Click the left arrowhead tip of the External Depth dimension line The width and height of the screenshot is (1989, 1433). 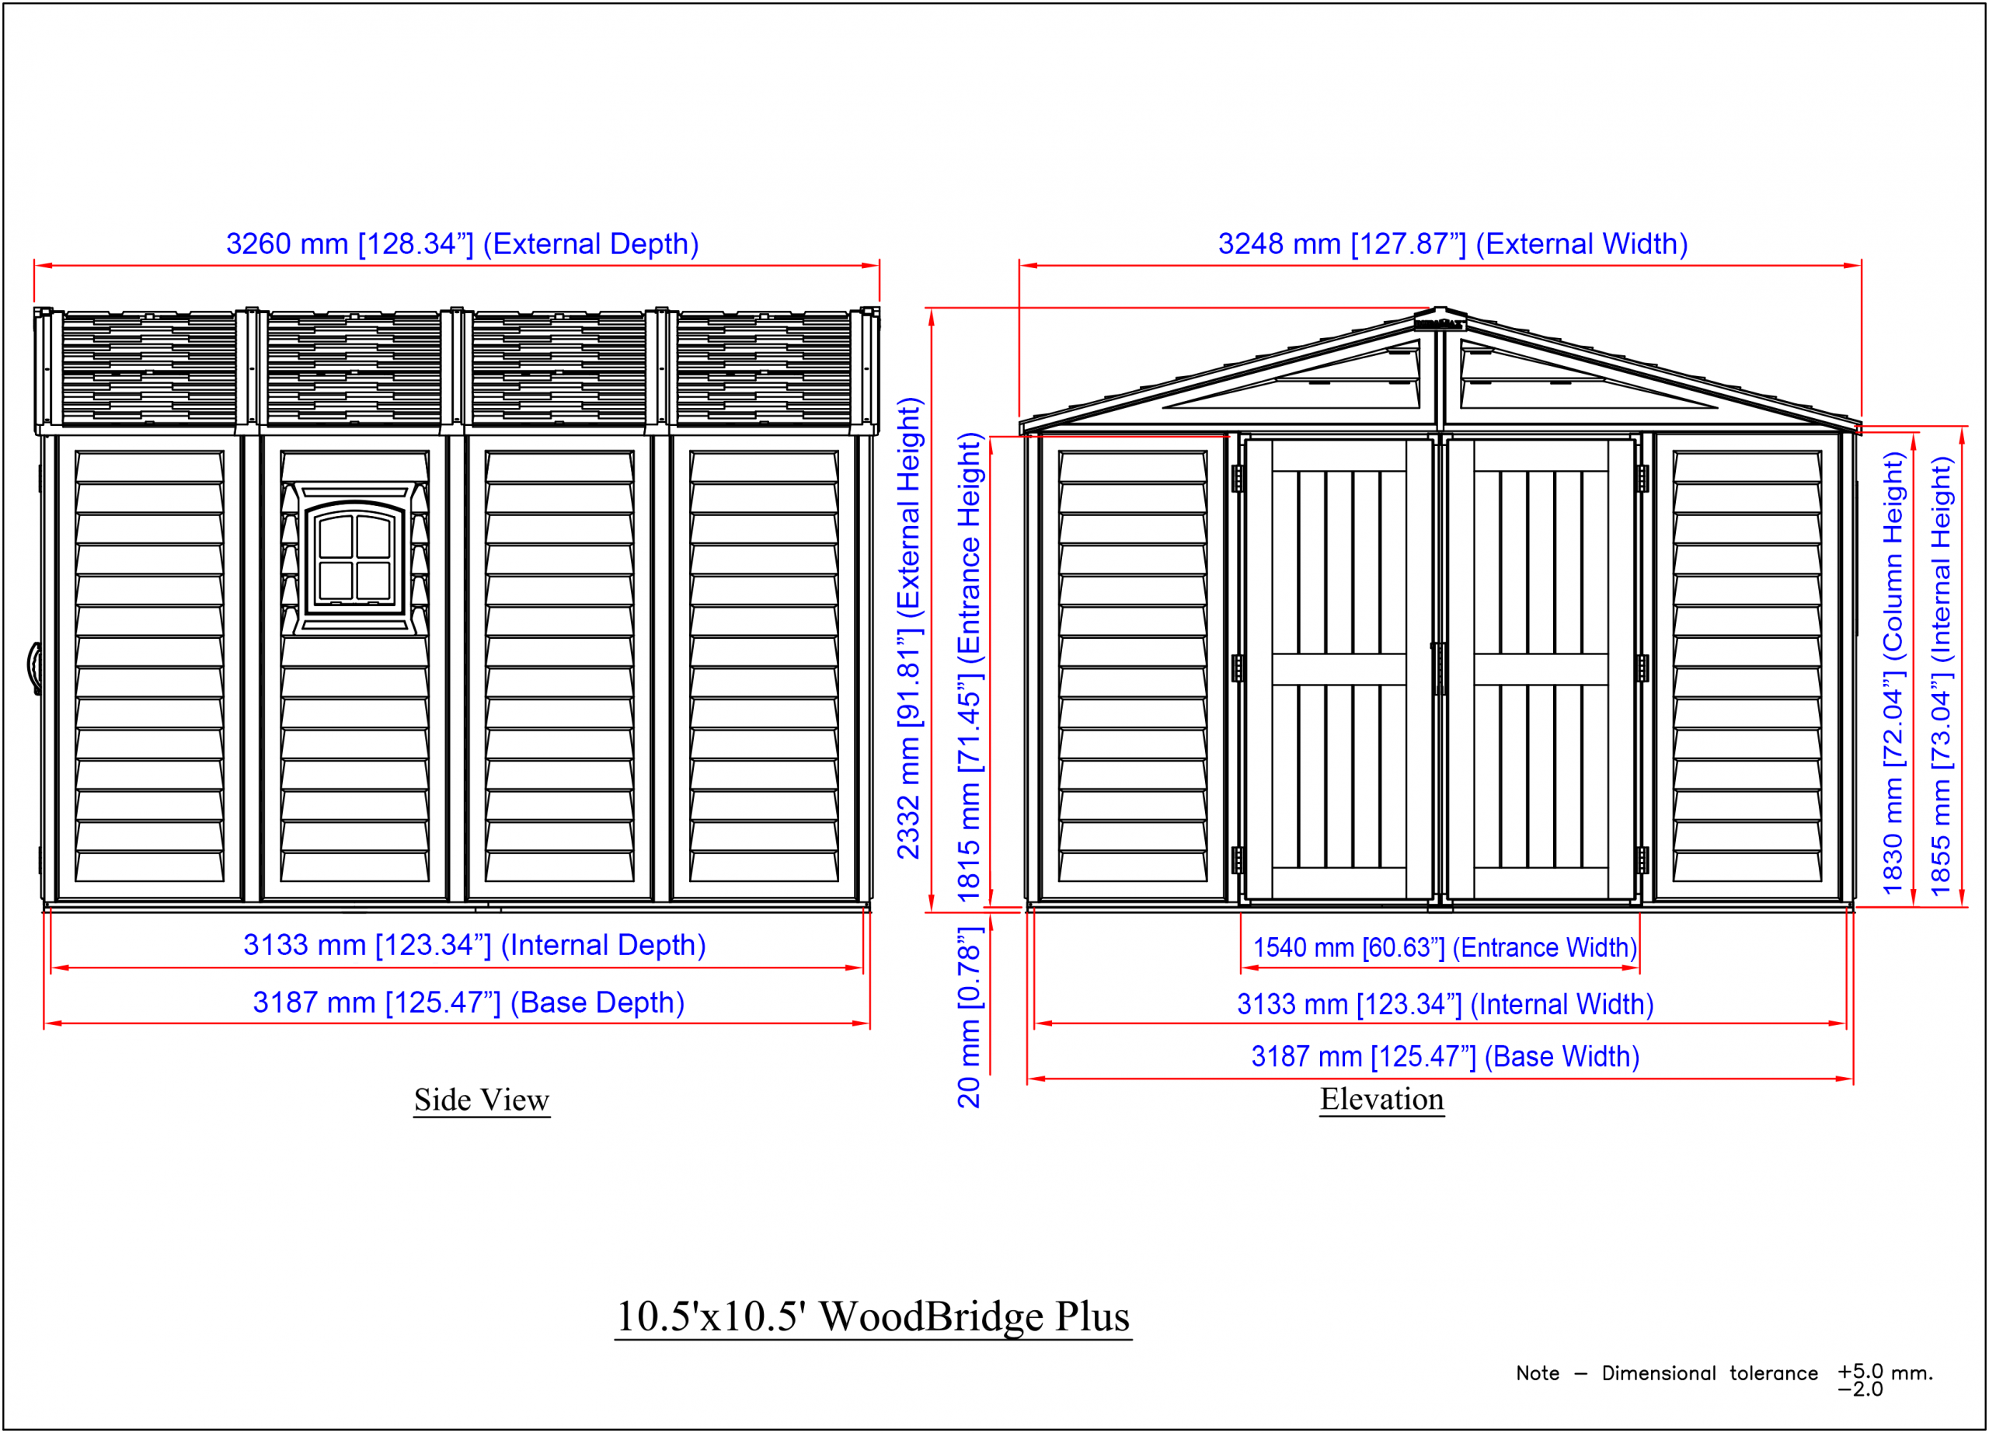[x=35, y=265]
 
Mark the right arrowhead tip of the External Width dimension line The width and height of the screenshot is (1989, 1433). [x=1861, y=265]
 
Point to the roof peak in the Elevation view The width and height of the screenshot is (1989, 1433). [x=1440, y=309]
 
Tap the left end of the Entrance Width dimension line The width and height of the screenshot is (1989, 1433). [x=1241, y=968]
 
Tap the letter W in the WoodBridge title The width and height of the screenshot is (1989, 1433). [x=838, y=1317]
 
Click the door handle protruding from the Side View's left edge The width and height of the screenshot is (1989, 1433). [x=34, y=668]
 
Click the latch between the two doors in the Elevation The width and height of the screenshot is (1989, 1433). [x=1439, y=668]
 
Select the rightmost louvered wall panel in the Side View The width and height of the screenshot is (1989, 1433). [x=764, y=667]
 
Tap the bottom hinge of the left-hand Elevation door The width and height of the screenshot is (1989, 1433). [x=1238, y=860]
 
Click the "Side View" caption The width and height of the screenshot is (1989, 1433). [x=482, y=1100]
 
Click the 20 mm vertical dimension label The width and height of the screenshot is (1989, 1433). [x=968, y=1017]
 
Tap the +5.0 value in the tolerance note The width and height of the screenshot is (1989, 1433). [x=1861, y=1371]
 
